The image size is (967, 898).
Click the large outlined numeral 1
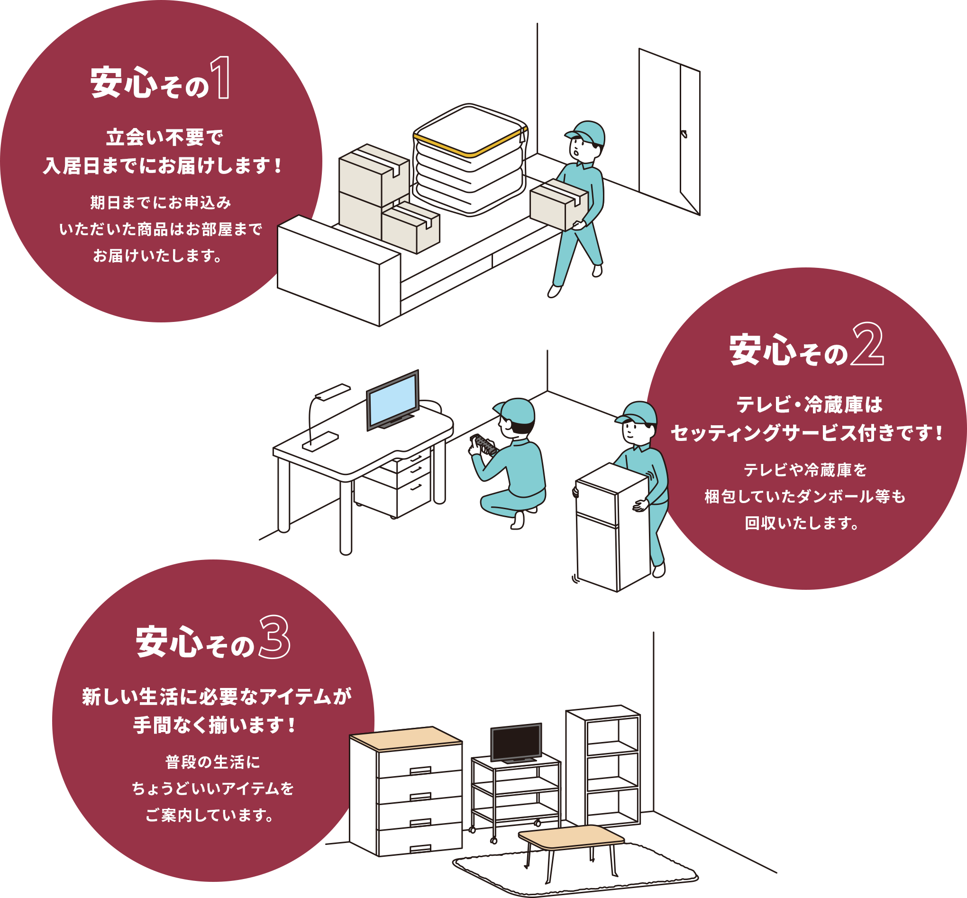[x=221, y=78]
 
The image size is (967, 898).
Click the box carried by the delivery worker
[x=558, y=204]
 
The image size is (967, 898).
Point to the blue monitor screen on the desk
[x=392, y=396]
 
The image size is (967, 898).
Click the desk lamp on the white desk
[x=321, y=418]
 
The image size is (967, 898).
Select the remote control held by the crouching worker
[x=484, y=444]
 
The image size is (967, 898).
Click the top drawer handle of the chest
[x=420, y=770]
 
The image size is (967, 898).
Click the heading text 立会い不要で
[x=164, y=137]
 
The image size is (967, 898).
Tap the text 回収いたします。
[x=802, y=523]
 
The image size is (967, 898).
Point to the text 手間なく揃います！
[x=214, y=725]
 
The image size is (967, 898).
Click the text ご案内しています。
[x=210, y=815]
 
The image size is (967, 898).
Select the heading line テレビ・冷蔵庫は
[x=809, y=405]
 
